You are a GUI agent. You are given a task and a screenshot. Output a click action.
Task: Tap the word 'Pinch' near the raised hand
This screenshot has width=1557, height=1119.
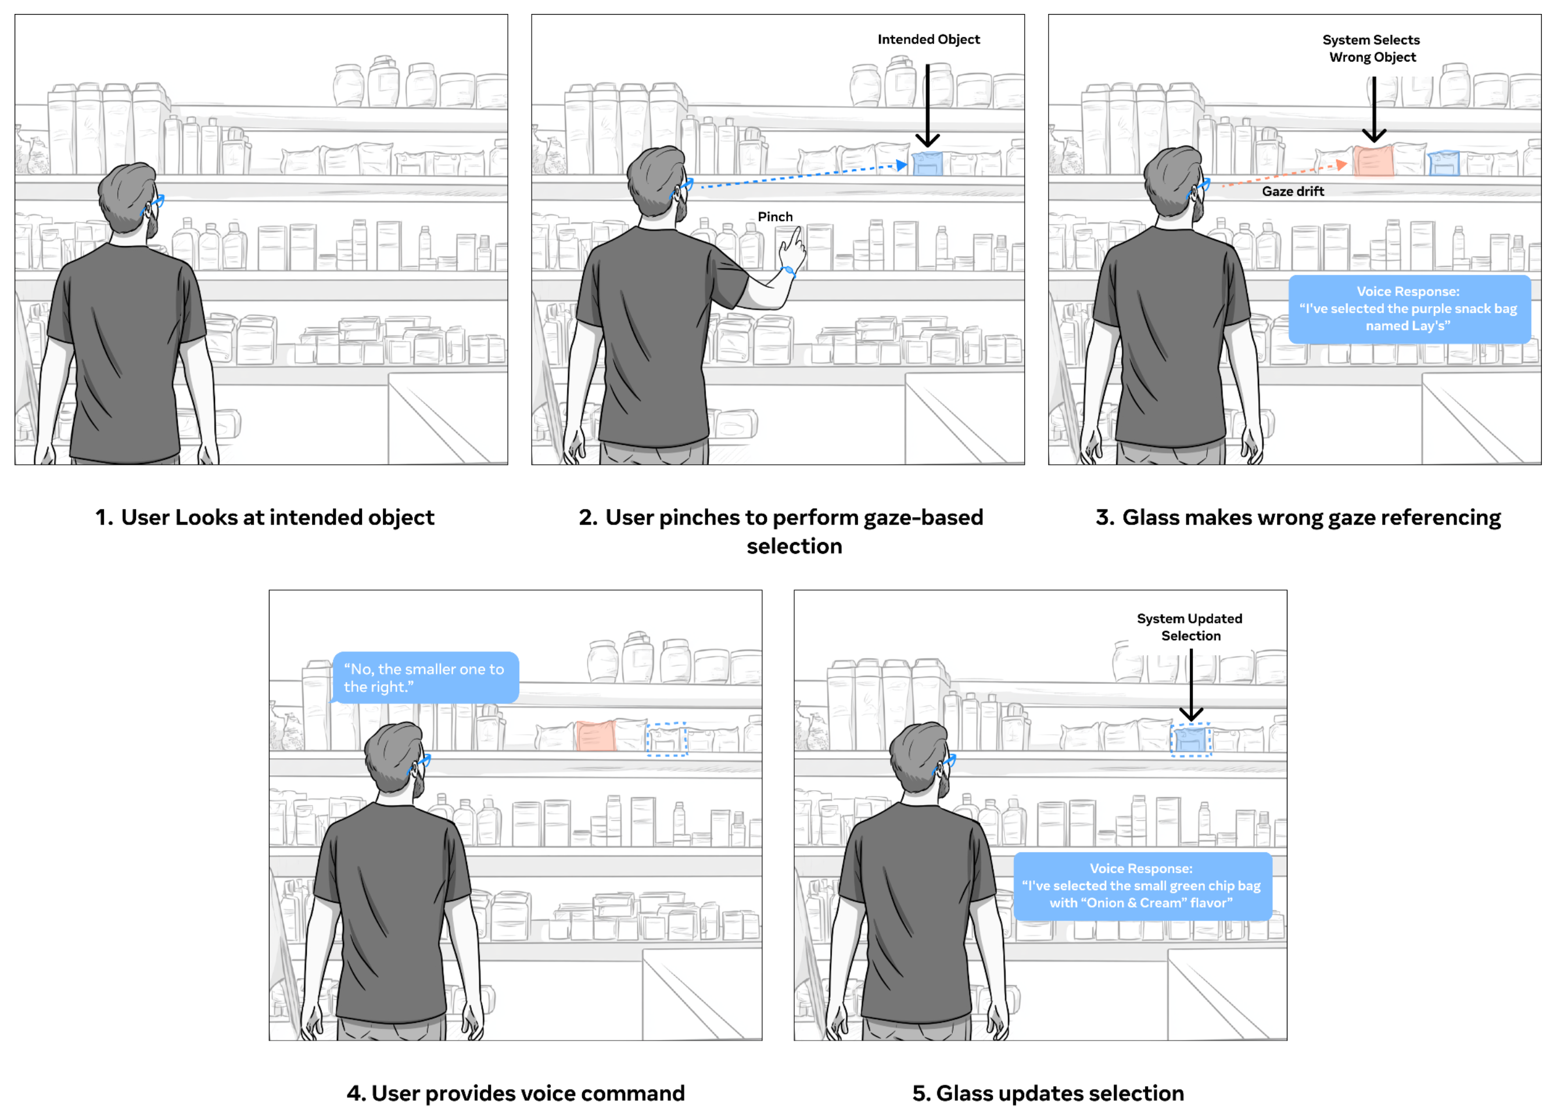[775, 217]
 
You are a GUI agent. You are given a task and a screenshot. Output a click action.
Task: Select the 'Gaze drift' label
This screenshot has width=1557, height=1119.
[1293, 192]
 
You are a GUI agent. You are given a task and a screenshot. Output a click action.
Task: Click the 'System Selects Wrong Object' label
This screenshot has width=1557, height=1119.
[1372, 49]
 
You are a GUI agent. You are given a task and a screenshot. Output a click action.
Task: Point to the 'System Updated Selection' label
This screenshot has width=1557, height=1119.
[1190, 627]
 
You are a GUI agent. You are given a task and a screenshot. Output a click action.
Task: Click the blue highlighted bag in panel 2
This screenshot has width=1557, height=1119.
[927, 163]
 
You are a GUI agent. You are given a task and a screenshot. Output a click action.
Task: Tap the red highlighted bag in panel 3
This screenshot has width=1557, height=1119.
[1373, 162]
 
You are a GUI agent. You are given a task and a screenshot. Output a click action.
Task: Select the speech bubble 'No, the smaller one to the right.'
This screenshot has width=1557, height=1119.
[425, 677]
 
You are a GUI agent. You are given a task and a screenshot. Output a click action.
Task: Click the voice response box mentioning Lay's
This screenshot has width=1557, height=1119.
[1409, 309]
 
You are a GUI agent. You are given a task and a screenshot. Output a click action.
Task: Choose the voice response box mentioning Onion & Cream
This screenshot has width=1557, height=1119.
[1142, 885]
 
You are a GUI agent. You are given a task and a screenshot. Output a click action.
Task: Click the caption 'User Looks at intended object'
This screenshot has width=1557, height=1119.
[264, 518]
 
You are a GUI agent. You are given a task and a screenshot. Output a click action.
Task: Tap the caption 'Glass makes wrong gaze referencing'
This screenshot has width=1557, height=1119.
[1297, 518]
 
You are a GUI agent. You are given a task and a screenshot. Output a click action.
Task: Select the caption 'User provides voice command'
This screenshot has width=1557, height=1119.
[515, 1093]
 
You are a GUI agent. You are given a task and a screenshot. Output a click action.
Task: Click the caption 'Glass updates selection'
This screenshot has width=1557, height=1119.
[1047, 1093]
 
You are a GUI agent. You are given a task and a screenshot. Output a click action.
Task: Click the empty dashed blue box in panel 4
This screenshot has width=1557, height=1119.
[666, 740]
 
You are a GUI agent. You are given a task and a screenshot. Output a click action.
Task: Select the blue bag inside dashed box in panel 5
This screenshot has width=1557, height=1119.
[1190, 740]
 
